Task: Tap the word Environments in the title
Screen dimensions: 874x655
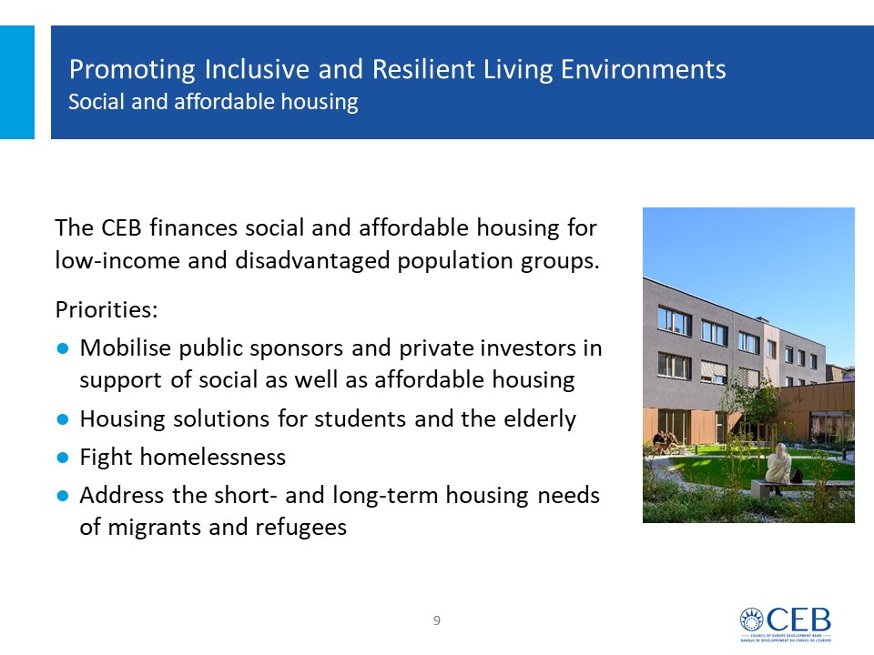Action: point(644,69)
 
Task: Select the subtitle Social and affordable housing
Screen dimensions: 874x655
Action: point(213,102)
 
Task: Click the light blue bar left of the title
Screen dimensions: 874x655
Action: point(17,82)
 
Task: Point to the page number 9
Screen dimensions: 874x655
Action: point(437,620)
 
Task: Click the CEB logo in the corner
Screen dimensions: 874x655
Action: point(786,624)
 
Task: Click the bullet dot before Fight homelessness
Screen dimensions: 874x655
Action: point(63,458)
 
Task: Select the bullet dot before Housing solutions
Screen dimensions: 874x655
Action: point(63,418)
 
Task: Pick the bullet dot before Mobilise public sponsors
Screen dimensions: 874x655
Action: point(63,348)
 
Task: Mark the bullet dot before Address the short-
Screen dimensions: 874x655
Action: point(63,495)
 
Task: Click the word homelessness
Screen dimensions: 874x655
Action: point(213,457)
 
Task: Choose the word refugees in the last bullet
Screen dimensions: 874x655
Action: point(301,528)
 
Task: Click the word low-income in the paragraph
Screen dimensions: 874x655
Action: point(117,261)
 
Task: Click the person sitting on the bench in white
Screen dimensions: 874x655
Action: point(777,467)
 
